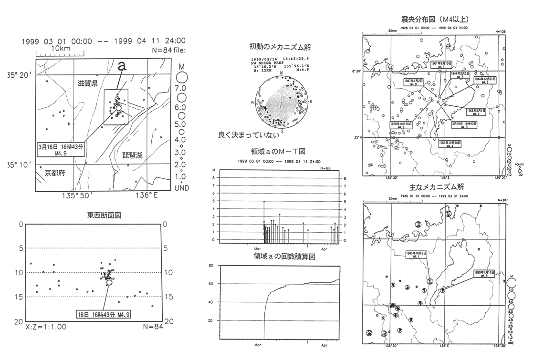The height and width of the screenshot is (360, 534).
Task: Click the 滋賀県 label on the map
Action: pos(88,83)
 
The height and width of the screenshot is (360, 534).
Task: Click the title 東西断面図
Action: pos(104,215)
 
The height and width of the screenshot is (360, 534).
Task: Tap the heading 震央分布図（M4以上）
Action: pos(435,20)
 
